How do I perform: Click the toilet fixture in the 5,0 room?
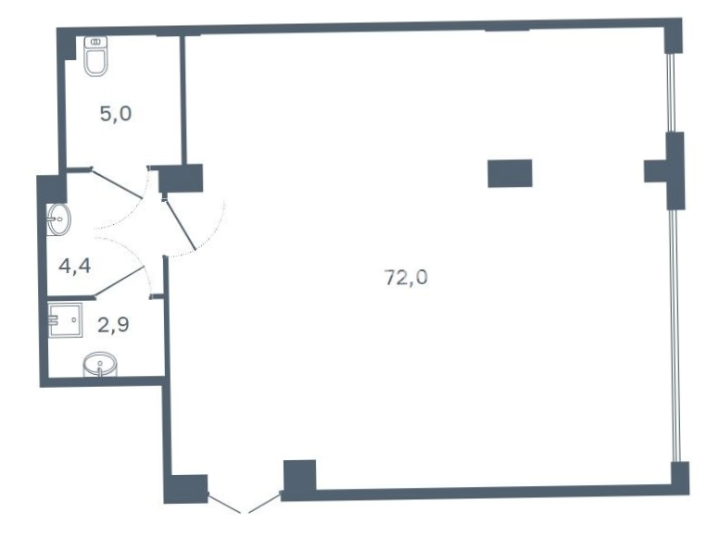[x=95, y=56]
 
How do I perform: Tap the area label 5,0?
[x=116, y=114]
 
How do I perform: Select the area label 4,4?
[x=75, y=266]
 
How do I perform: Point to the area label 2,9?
[x=113, y=324]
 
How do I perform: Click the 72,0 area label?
[x=406, y=277]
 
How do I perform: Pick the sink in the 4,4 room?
[x=58, y=219]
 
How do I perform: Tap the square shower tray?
[x=66, y=319]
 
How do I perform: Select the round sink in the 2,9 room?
[x=100, y=364]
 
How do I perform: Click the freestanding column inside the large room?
[x=510, y=173]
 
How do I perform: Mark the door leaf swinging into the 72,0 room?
[x=180, y=224]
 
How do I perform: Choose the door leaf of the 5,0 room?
[x=117, y=183]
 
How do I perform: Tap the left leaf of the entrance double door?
[x=224, y=503]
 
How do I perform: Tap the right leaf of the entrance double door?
[x=265, y=503]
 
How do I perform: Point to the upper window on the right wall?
[x=672, y=93]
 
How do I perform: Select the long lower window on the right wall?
[x=675, y=335]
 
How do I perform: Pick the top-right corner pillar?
[x=673, y=36]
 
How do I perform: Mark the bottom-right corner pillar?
[x=679, y=478]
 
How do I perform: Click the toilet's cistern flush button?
[x=95, y=42]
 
